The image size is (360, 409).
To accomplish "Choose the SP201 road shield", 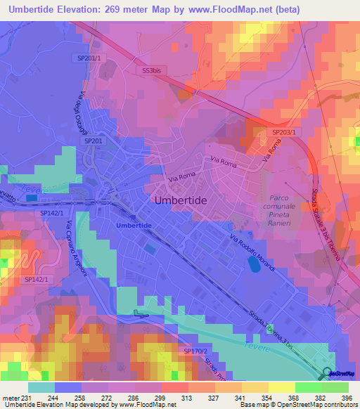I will [x=93, y=141].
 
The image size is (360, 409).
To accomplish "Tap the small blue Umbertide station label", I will [x=134, y=225].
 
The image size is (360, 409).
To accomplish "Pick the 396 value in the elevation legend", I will [x=346, y=398].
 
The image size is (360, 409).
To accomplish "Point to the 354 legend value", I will [x=255, y=398].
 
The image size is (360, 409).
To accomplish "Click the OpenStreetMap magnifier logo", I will [x=328, y=373].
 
